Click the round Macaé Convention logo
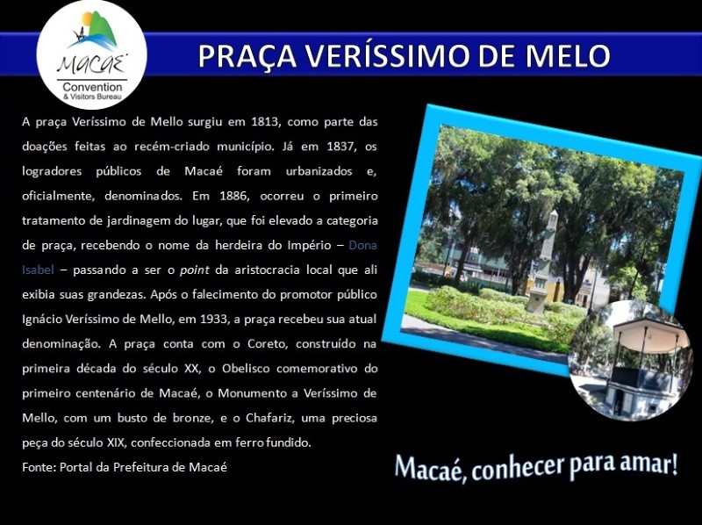click(92, 54)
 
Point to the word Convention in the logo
click(92, 87)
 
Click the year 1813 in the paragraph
click(265, 122)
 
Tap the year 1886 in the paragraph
click(233, 196)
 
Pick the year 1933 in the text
click(213, 320)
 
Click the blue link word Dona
click(362, 246)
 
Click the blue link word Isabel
click(38, 270)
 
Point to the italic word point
click(194, 270)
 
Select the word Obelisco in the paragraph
click(246, 369)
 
